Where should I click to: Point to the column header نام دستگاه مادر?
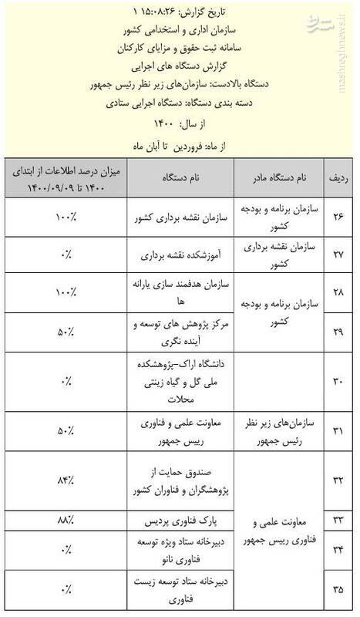tap(280, 178)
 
